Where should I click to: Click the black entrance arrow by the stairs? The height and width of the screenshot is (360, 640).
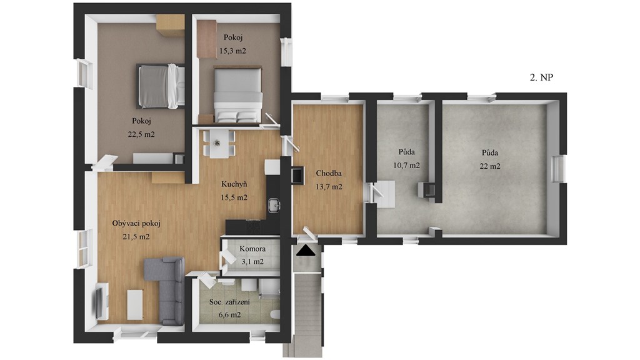click(x=306, y=251)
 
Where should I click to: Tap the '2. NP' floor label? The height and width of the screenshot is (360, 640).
click(x=541, y=77)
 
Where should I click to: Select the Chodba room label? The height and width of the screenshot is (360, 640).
click(x=329, y=174)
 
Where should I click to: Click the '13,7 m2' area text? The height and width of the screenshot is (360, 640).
click(x=329, y=187)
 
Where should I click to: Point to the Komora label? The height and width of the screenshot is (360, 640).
click(x=252, y=249)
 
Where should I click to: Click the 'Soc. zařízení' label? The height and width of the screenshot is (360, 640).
click(x=229, y=302)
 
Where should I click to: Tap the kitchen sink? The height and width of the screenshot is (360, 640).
click(x=273, y=205)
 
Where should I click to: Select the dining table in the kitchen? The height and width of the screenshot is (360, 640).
click(x=219, y=143)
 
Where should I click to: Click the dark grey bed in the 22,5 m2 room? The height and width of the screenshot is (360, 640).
click(x=161, y=86)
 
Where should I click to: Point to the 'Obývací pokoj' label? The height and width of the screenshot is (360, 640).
click(x=136, y=223)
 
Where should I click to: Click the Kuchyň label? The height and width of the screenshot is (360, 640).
click(x=234, y=184)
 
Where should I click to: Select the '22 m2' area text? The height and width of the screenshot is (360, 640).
click(x=490, y=166)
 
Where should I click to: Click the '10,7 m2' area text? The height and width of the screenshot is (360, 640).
click(x=406, y=165)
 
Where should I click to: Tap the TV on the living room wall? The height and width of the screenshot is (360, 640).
click(x=101, y=302)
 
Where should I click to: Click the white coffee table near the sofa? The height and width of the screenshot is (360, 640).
click(x=135, y=304)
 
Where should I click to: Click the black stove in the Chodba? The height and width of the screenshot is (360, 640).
click(x=297, y=175)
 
